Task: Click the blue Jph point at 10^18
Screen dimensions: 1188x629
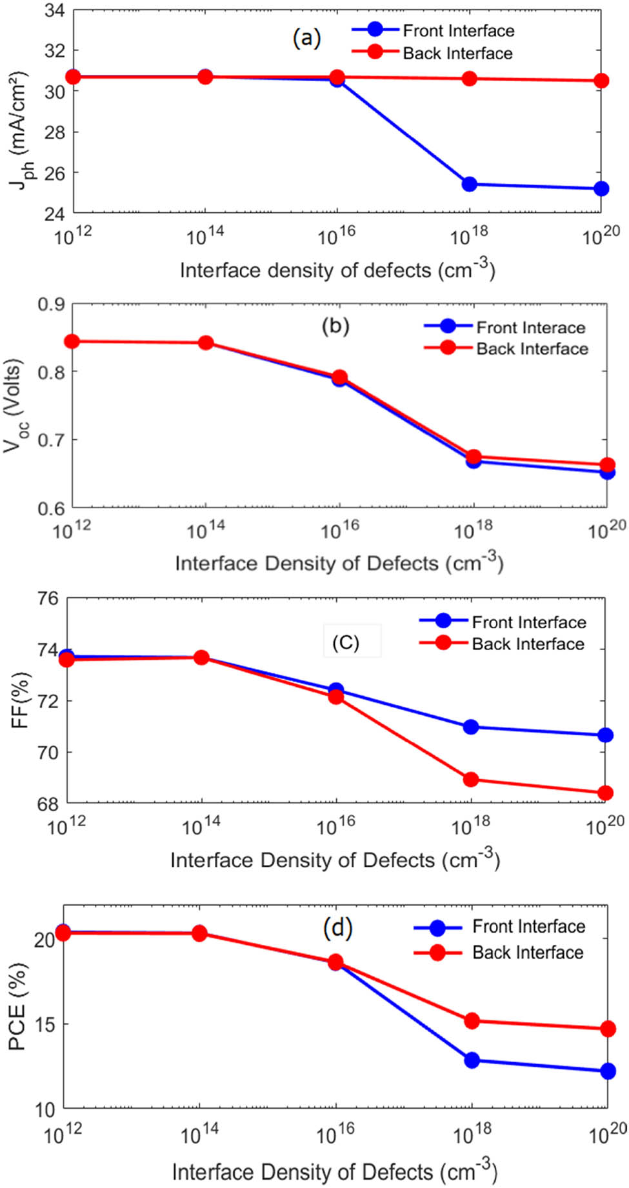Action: tap(470, 184)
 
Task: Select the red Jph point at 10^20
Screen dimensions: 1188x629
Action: tap(601, 81)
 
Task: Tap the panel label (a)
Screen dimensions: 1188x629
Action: tap(306, 39)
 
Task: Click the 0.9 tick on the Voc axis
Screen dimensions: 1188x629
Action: tap(52, 304)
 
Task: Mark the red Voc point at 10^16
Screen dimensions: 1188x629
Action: tap(339, 377)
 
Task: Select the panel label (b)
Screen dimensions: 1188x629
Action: tap(335, 326)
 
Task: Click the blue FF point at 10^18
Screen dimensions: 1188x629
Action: tap(471, 727)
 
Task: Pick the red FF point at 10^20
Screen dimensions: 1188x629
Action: tap(605, 793)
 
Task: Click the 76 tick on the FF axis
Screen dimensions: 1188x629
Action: tap(47, 599)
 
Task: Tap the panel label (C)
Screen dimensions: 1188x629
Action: tap(346, 642)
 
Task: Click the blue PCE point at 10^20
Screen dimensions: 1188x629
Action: tap(607, 1071)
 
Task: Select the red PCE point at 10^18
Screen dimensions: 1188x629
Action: tap(472, 1020)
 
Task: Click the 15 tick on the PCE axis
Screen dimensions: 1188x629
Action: tap(45, 1025)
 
